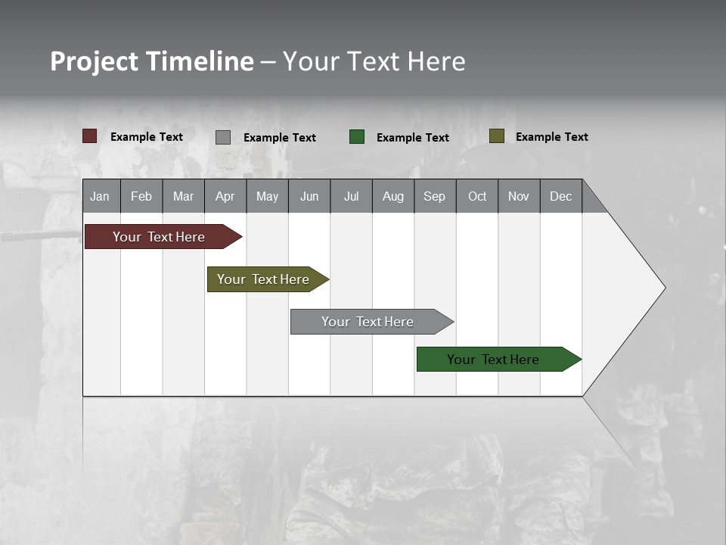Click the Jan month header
click(x=100, y=196)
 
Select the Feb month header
click(x=141, y=196)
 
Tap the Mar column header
click(x=183, y=196)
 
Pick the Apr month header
click(x=225, y=196)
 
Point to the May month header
click(x=267, y=196)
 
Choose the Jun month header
click(x=309, y=196)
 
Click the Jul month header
click(x=351, y=196)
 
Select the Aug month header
click(x=392, y=196)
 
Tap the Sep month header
click(x=434, y=196)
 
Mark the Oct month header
click(x=477, y=196)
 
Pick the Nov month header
click(x=519, y=196)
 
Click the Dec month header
click(x=560, y=196)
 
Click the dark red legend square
click(x=89, y=136)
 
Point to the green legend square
click(x=357, y=136)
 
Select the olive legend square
click(x=496, y=136)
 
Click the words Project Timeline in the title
click(x=151, y=61)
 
